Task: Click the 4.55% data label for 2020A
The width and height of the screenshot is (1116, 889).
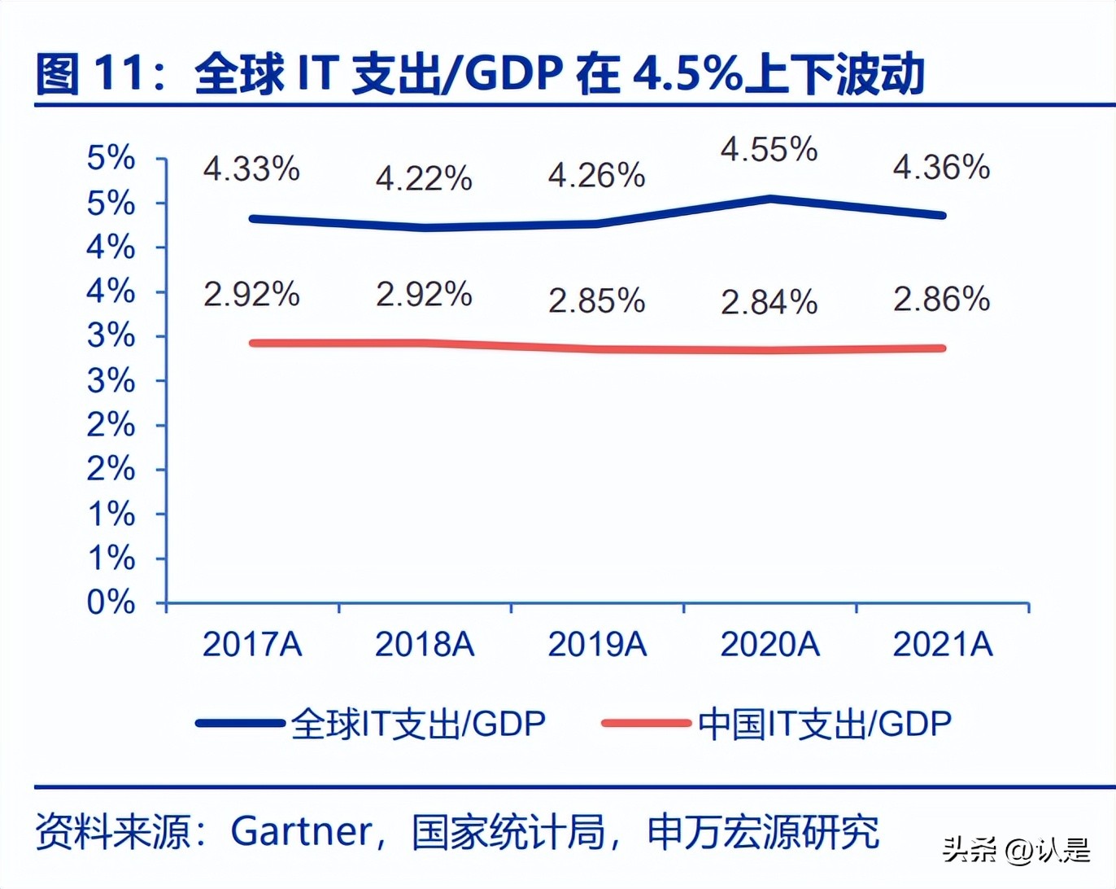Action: tap(769, 150)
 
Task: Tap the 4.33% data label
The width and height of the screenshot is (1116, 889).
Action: tap(251, 169)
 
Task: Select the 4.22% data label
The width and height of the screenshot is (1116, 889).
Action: tap(424, 178)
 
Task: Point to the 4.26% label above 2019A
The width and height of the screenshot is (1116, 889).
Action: tap(596, 175)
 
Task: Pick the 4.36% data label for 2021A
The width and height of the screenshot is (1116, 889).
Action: tap(941, 168)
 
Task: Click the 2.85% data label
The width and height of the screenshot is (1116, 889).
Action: tap(596, 300)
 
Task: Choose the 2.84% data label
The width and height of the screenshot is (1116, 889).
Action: tap(769, 302)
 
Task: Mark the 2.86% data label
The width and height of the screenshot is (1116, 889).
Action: tap(941, 299)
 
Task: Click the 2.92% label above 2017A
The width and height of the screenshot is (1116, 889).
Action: tap(251, 294)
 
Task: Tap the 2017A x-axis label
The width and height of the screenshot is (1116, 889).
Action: tap(252, 644)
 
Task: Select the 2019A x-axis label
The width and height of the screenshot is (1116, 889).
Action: tap(597, 644)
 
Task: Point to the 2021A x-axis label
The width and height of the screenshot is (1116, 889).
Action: tap(943, 644)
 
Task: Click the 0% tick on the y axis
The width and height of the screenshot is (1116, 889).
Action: tap(111, 602)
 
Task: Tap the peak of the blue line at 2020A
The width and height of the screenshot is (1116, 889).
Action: tap(769, 199)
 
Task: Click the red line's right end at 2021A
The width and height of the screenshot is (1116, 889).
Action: tap(941, 348)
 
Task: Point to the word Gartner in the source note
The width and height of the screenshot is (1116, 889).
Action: tap(301, 832)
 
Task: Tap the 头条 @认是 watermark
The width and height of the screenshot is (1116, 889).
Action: tap(1016, 851)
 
